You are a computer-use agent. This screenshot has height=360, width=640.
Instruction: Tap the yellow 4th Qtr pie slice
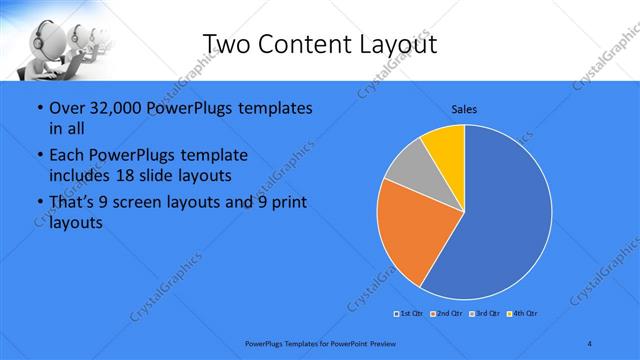[x=446, y=145]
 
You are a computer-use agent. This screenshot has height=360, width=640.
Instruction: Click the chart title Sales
[x=464, y=108]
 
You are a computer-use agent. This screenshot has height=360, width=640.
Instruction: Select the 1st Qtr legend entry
[x=407, y=314]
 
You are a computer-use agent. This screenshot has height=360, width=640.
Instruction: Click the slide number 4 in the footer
[x=590, y=344]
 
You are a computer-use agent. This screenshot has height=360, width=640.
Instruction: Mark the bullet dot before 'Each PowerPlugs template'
[x=39, y=156]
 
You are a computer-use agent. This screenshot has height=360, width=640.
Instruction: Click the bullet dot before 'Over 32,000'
[x=39, y=108]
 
